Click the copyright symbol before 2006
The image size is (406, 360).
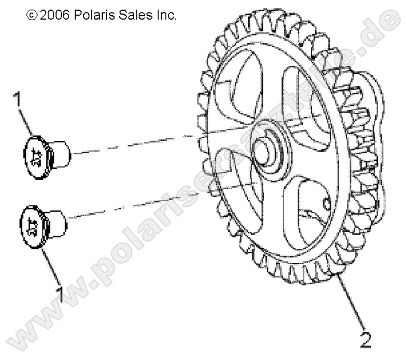[31, 15]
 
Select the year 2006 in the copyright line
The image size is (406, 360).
[53, 15]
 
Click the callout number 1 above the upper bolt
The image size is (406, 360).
[17, 102]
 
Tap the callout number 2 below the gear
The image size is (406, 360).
[367, 339]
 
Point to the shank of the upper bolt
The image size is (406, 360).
[60, 152]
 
